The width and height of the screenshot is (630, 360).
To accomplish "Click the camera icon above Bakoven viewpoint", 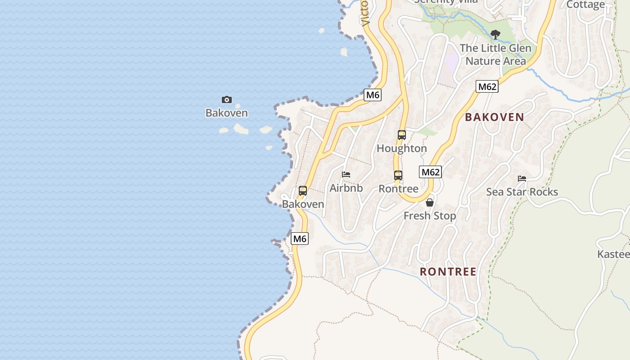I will [x=227, y=99].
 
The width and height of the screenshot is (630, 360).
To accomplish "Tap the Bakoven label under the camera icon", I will [x=227, y=113].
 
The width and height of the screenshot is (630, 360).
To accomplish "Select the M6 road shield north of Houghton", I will [x=373, y=95].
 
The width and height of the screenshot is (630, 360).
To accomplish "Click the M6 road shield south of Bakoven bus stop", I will [x=300, y=238].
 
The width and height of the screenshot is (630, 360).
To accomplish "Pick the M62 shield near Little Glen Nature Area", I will [x=487, y=86].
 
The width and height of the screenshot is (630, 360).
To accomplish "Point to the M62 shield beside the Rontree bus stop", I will [x=430, y=172].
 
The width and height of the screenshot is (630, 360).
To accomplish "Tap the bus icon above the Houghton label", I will [x=402, y=135].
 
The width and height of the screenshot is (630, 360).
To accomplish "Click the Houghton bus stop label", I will [x=402, y=148].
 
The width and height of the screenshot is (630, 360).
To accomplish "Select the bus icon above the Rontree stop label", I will [x=398, y=175].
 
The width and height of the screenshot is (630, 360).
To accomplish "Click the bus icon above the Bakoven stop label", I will [x=303, y=190].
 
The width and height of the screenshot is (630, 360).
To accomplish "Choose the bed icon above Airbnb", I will [x=346, y=175].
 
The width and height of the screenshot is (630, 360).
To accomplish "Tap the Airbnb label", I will [x=346, y=188].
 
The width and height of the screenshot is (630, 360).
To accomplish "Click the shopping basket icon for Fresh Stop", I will [x=430, y=202].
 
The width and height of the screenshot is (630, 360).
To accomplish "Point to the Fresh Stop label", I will [x=430, y=216].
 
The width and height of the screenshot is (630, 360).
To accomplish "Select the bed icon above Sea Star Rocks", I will [x=522, y=179].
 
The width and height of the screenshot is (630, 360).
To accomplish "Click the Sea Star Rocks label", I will [x=522, y=192].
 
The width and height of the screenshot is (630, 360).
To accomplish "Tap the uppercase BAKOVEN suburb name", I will [x=495, y=117].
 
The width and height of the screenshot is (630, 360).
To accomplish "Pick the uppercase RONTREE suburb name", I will [x=448, y=272].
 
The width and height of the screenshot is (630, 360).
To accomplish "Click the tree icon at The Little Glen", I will [x=495, y=34].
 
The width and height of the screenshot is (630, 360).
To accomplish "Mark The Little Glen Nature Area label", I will [x=495, y=54].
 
